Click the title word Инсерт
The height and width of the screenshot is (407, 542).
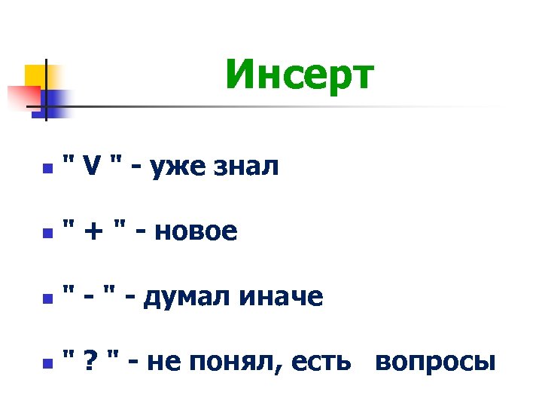299,75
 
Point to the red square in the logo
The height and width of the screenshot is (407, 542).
23,96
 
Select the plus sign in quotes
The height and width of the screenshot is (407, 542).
93,233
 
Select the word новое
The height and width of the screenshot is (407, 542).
195,233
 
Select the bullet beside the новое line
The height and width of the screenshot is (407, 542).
47,234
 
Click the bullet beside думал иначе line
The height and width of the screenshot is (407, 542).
47,300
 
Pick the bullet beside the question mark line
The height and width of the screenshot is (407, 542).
47,365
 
